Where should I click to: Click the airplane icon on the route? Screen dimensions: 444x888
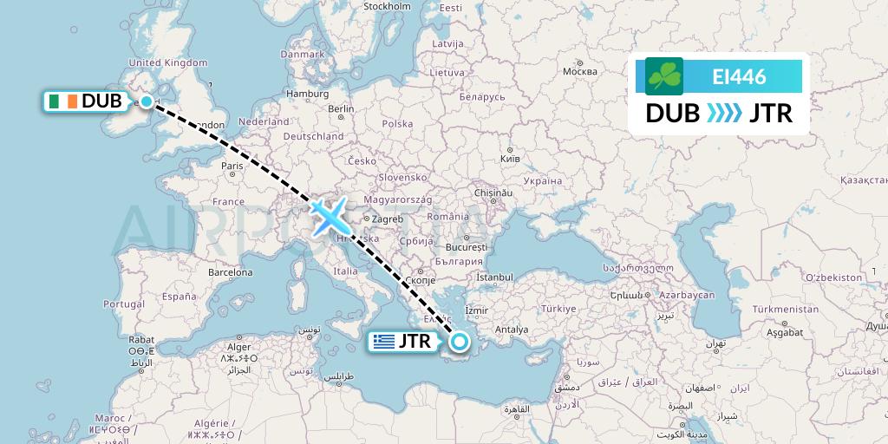328,215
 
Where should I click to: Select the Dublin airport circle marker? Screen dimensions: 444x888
147,101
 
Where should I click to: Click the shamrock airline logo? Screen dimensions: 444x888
664,76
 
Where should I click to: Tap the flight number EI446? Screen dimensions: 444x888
739,76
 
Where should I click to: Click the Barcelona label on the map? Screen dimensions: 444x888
229,271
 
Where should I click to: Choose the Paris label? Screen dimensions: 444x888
232,165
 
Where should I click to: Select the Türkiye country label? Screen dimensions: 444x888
558,309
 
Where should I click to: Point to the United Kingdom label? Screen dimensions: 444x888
168,62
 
